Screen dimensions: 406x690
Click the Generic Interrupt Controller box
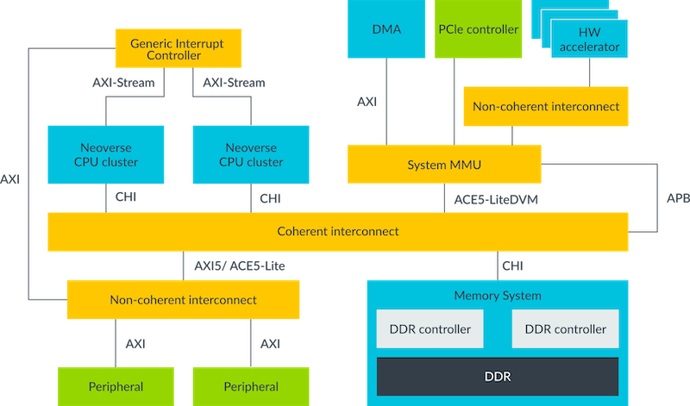click(179, 49)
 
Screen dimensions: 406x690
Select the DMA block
click(386, 29)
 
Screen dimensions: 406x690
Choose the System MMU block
click(444, 164)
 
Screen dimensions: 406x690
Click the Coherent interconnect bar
click(337, 232)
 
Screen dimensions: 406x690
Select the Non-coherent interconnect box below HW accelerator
click(545, 107)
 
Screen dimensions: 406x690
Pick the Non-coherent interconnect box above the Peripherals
click(183, 300)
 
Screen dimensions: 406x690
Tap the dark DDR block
click(497, 376)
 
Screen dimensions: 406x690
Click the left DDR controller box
click(430, 329)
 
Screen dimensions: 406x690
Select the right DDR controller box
click(565, 329)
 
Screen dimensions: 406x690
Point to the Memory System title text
click(497, 296)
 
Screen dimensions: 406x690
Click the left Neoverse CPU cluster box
click(104, 154)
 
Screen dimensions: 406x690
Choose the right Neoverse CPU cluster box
click(250, 154)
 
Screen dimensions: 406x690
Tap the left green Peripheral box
click(116, 386)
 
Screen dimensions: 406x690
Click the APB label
click(678, 197)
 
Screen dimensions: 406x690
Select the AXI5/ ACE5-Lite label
click(239, 266)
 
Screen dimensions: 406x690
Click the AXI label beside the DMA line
click(367, 102)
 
